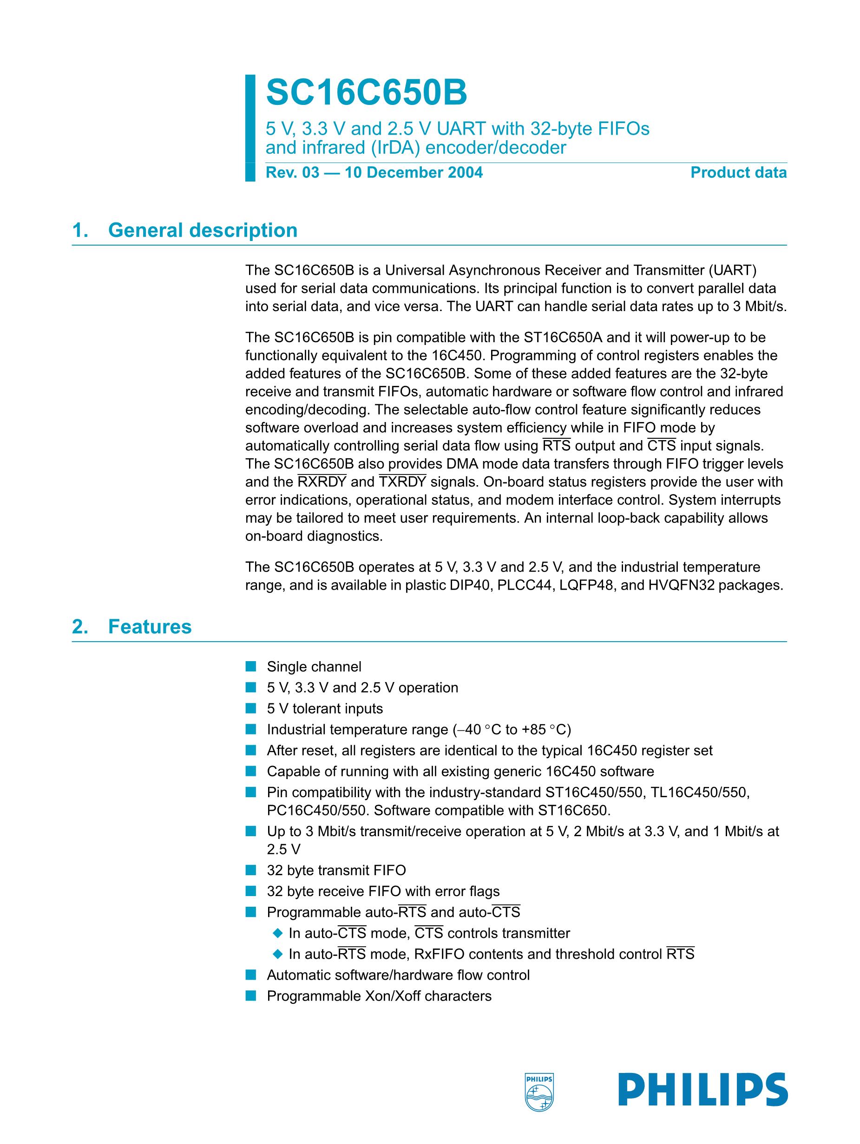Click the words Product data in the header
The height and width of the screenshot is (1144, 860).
pos(738,173)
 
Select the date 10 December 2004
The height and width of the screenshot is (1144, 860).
pos(414,173)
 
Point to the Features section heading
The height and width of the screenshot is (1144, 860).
pos(150,627)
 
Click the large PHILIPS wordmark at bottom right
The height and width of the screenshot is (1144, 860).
pos(702,1090)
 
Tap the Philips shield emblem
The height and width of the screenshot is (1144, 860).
pos(538,1091)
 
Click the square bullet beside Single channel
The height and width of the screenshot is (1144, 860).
pos(251,667)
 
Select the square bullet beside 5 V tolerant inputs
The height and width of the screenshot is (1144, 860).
pos(251,708)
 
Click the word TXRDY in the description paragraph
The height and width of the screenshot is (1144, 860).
pos(402,482)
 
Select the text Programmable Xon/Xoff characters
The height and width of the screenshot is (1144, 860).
pos(379,996)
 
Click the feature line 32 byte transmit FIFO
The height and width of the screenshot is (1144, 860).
pos(336,871)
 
